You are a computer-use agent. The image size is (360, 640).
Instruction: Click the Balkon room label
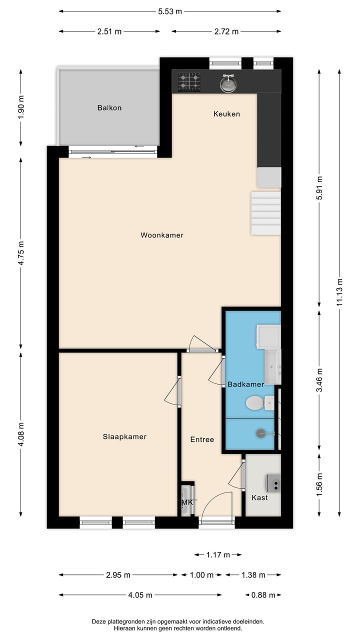coord(109,107)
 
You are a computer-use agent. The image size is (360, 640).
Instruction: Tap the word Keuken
coord(226,114)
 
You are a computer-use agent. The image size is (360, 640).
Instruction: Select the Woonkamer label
coord(162,235)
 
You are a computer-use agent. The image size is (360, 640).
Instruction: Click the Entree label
coord(202,439)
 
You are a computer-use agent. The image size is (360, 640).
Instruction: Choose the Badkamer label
coord(245,384)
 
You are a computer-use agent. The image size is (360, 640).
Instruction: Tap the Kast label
coord(259,497)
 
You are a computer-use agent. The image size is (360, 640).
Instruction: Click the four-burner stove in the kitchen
coord(189,82)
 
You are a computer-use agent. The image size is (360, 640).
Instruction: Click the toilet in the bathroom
coord(256,402)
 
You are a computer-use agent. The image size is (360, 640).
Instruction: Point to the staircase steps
coord(266,212)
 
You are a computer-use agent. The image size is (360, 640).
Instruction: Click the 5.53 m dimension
coord(170,11)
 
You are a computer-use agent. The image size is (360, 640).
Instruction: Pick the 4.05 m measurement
coord(140,595)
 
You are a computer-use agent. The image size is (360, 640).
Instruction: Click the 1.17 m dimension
coord(218,554)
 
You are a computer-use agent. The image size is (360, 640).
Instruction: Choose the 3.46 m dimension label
coord(320,381)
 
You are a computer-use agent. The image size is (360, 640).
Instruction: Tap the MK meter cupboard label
coord(187,502)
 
